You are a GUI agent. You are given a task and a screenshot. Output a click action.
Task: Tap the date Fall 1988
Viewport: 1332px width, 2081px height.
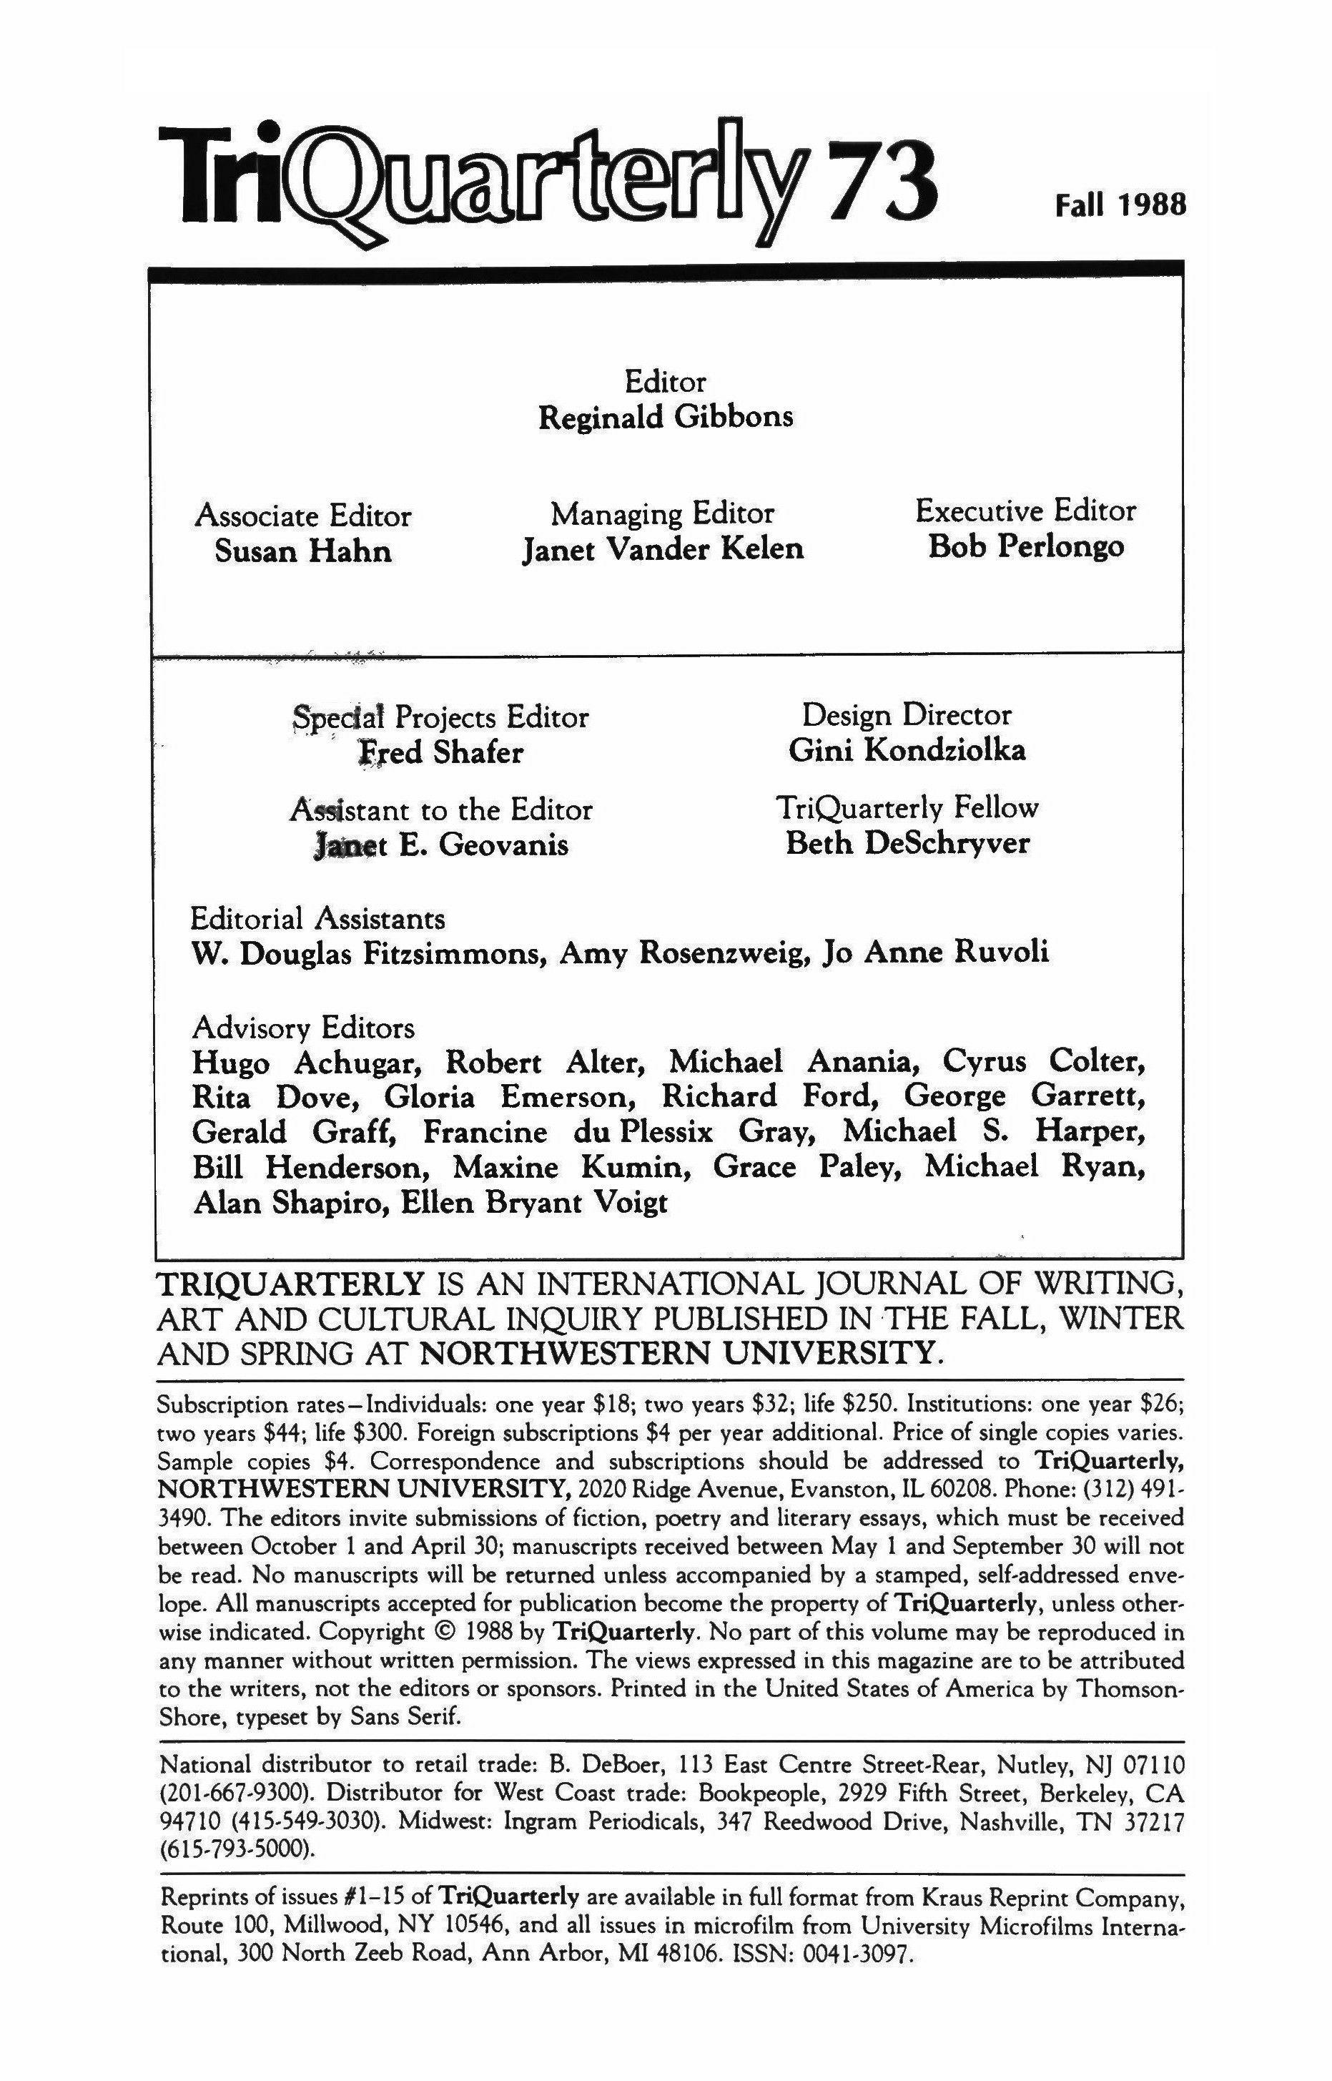click(x=1118, y=205)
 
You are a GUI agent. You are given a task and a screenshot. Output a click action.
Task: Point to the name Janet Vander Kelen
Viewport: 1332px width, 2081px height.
click(x=663, y=549)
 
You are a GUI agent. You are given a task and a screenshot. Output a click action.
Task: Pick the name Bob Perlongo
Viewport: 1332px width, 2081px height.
click(x=1026, y=546)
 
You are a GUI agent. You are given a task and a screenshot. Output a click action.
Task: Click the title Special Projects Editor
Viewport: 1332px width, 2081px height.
click(x=441, y=717)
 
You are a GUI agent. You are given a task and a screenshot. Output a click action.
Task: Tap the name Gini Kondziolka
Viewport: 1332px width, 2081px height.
click(x=907, y=750)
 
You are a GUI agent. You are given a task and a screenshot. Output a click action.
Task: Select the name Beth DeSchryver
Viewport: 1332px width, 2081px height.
click(x=907, y=843)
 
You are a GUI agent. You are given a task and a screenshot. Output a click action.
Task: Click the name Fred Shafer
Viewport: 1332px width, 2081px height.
click(x=441, y=752)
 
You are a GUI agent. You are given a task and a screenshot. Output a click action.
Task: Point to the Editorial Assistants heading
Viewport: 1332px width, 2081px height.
click(x=318, y=917)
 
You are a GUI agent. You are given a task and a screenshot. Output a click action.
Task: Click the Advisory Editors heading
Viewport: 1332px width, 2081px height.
click(x=304, y=1028)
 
